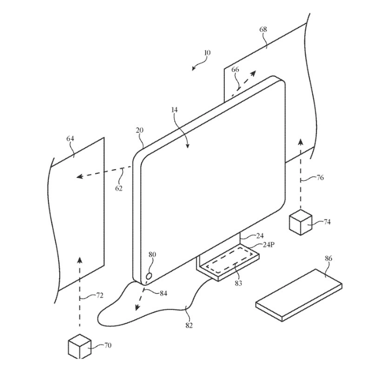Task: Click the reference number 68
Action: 263,29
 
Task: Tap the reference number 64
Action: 70,138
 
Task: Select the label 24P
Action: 268,244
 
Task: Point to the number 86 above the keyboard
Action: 329,258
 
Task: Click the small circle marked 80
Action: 149,276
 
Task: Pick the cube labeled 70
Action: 79,347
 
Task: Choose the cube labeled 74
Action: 300,222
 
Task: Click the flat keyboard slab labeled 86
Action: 299,295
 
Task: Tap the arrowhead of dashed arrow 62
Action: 79,177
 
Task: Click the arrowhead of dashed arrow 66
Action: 254,73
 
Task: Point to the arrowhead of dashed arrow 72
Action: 79,260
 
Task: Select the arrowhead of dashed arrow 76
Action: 301,142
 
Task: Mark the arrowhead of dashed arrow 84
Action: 137,307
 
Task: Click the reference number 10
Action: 207,53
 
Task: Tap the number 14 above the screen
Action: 175,109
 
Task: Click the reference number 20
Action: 140,130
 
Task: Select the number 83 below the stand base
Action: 238,283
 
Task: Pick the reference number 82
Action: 189,325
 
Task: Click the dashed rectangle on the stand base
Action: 230,260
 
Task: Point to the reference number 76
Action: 320,178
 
